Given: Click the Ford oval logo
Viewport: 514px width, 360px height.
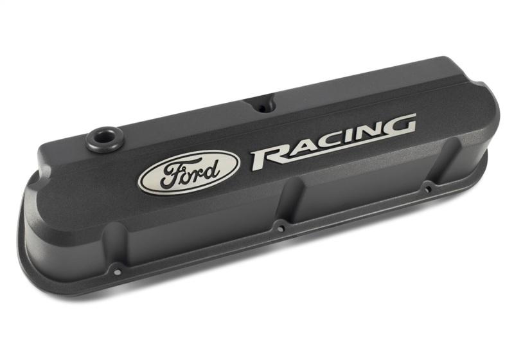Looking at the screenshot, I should [x=189, y=172].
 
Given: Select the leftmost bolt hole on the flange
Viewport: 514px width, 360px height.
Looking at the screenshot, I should [x=116, y=271].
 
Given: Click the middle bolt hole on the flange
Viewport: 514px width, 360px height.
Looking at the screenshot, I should [x=280, y=227].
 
